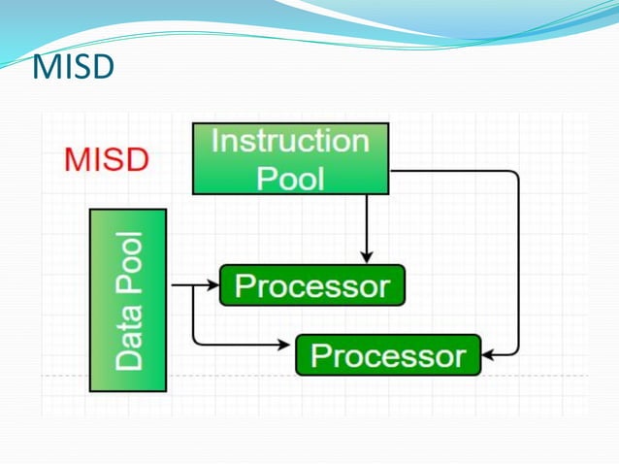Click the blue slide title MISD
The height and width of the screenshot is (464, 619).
[x=74, y=67]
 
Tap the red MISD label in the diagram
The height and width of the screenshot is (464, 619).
[x=107, y=158]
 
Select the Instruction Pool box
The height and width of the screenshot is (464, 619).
[x=290, y=158]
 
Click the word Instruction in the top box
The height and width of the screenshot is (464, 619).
[x=290, y=142]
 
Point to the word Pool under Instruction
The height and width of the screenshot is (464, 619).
[x=290, y=178]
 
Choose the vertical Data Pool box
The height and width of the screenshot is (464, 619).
[x=128, y=300]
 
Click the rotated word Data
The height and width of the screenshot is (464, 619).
[x=128, y=339]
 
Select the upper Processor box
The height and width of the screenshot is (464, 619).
[x=311, y=285]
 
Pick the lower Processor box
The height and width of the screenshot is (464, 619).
[x=387, y=355]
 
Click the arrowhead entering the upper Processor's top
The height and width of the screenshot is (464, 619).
[x=366, y=257]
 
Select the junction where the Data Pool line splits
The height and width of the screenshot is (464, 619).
[x=194, y=285]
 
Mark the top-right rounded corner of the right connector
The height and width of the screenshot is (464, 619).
[x=514, y=176]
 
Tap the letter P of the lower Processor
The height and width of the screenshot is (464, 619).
[x=319, y=355]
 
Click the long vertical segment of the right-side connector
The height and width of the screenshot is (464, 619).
[x=518, y=262]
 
